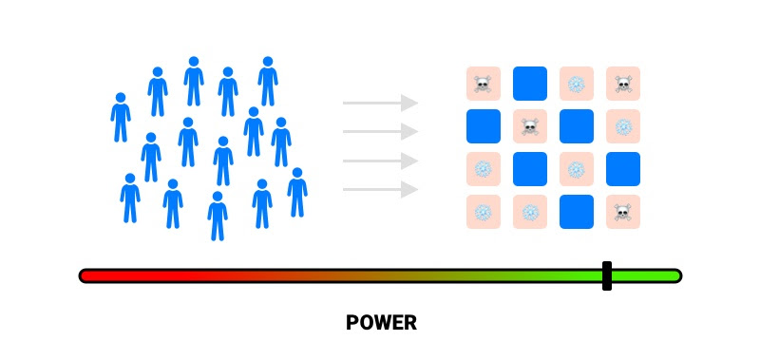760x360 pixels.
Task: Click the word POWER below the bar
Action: point(381,323)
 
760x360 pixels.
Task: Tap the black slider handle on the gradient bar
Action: point(607,275)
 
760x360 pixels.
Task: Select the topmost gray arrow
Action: point(381,103)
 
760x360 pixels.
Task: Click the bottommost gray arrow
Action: point(381,189)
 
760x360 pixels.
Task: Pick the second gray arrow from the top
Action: point(381,131)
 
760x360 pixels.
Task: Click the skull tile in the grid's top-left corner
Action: point(484,84)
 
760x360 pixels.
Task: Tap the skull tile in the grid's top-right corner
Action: point(623,84)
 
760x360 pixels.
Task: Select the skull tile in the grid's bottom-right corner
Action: point(623,212)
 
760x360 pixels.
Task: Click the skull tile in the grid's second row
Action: point(530,126)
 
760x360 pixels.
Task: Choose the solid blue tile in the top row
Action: point(530,84)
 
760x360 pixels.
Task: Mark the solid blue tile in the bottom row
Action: point(577,212)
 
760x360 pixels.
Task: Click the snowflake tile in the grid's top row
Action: point(577,84)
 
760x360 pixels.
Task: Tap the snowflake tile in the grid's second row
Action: point(623,126)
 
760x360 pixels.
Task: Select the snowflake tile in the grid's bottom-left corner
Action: point(484,212)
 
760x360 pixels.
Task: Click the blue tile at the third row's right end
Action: point(623,169)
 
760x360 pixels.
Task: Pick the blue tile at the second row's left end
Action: point(484,126)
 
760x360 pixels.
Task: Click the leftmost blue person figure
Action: point(121,117)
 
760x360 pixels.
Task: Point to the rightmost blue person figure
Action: point(297,193)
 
